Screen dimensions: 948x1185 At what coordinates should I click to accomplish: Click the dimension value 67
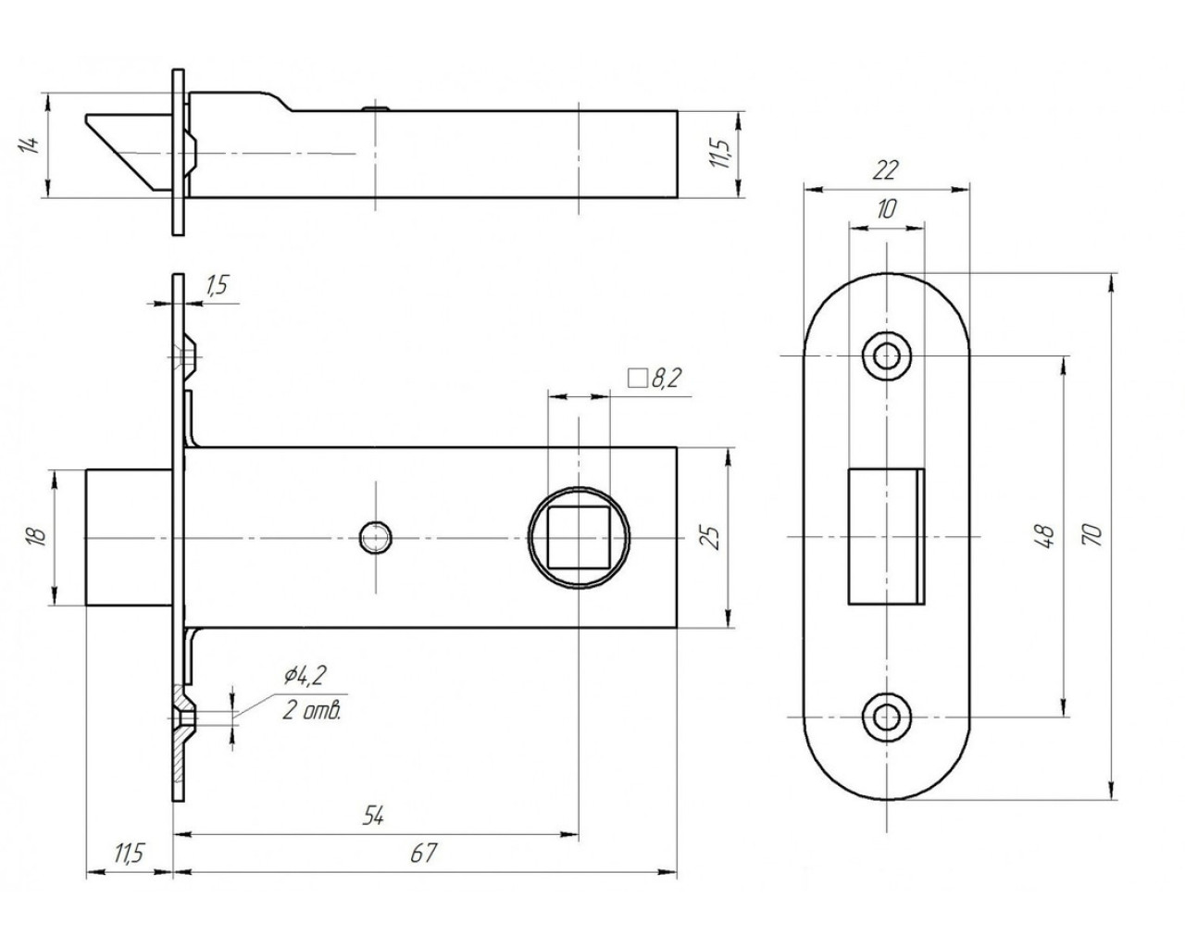[422, 854]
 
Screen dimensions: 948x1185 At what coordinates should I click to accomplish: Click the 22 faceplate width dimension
[886, 169]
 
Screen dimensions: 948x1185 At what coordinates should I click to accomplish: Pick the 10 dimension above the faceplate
[886, 209]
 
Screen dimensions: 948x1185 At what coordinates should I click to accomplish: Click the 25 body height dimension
[712, 536]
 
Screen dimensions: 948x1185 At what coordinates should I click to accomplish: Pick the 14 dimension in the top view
[30, 144]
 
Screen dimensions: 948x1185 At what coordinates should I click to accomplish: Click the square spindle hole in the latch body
[579, 537]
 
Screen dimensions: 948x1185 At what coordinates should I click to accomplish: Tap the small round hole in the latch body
[375, 537]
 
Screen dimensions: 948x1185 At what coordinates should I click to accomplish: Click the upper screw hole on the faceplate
[887, 355]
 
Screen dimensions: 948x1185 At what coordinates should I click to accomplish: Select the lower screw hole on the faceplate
[887, 716]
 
